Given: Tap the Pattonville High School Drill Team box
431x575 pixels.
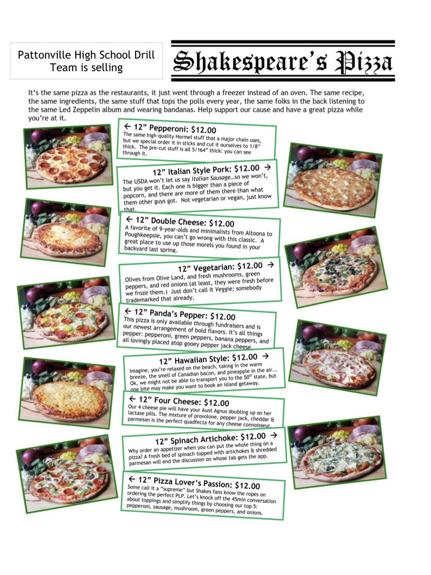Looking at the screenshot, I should tap(86, 61).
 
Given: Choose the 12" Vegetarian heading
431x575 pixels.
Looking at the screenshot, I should tap(220, 266).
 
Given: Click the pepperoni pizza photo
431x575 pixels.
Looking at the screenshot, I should tap(68, 157).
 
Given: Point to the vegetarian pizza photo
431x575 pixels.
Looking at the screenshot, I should tap(336, 266).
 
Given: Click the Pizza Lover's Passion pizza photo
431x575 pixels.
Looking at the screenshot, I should tap(67, 474).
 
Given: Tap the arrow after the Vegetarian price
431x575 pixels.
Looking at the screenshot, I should tap(271, 264).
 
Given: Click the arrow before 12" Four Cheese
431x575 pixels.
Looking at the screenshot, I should tap(133, 399).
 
